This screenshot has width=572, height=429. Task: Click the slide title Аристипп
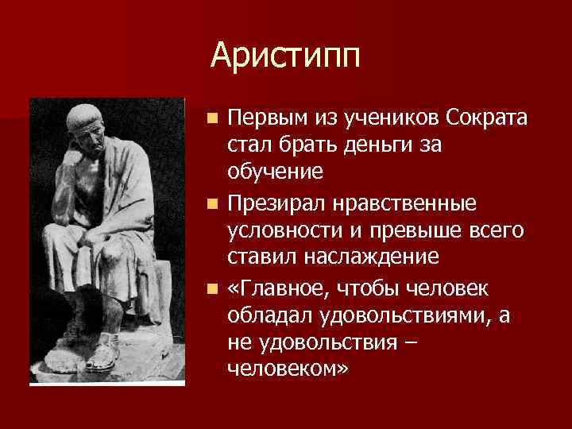285,55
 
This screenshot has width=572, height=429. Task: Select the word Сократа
485,119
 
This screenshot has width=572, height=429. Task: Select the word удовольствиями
408,315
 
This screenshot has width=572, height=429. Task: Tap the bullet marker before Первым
212,119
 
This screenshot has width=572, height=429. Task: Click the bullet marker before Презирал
212,203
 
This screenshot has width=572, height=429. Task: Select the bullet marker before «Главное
212,288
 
